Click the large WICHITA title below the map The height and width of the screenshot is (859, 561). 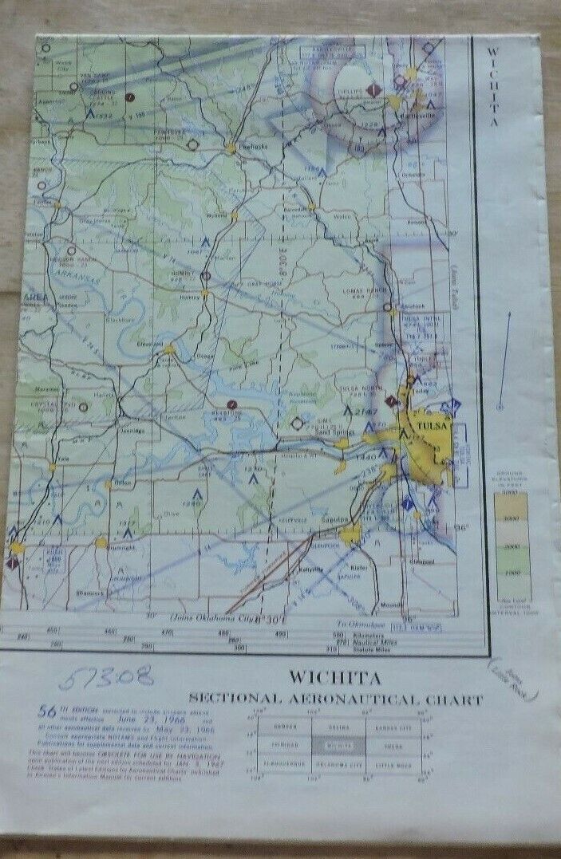coord(334,679)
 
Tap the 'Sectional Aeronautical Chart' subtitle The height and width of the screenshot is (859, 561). coord(335,700)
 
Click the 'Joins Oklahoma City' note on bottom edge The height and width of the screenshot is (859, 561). coord(223,617)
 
